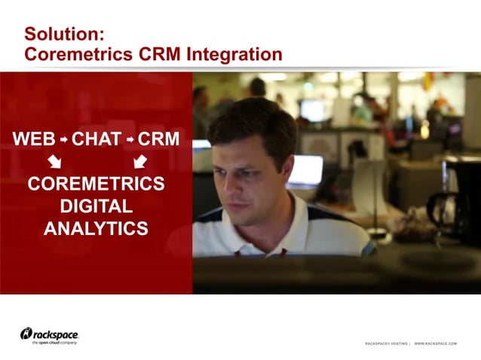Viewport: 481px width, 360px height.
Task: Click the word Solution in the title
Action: tap(61, 35)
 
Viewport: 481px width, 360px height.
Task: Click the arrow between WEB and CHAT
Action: tap(64, 139)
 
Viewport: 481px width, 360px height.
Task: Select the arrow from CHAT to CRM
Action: tap(130, 139)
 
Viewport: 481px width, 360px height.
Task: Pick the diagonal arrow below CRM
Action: tap(139, 161)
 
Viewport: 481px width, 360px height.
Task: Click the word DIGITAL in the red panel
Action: tap(96, 206)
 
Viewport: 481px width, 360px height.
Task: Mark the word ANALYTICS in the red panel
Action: tap(96, 229)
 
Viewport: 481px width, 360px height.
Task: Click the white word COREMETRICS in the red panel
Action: tap(96, 185)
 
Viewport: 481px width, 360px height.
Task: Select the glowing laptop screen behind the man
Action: tap(305, 171)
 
